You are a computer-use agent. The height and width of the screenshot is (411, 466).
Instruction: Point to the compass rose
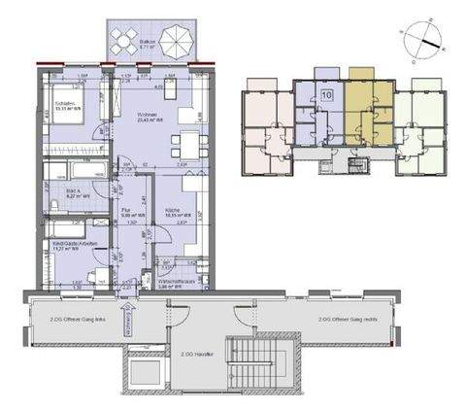click(x=422, y=39)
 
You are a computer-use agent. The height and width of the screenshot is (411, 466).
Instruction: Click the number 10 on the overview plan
click(x=326, y=95)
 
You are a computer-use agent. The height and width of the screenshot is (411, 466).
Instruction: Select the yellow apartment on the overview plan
click(x=367, y=112)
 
